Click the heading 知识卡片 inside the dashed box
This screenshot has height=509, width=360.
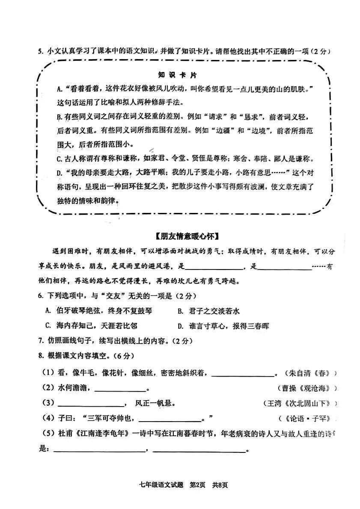pos(177,75)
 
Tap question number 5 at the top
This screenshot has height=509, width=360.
pos(40,52)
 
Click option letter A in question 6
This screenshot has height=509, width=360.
pos(48,311)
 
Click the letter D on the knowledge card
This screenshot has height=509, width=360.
pos(60,173)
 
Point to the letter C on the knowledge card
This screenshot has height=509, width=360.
pos(60,159)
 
